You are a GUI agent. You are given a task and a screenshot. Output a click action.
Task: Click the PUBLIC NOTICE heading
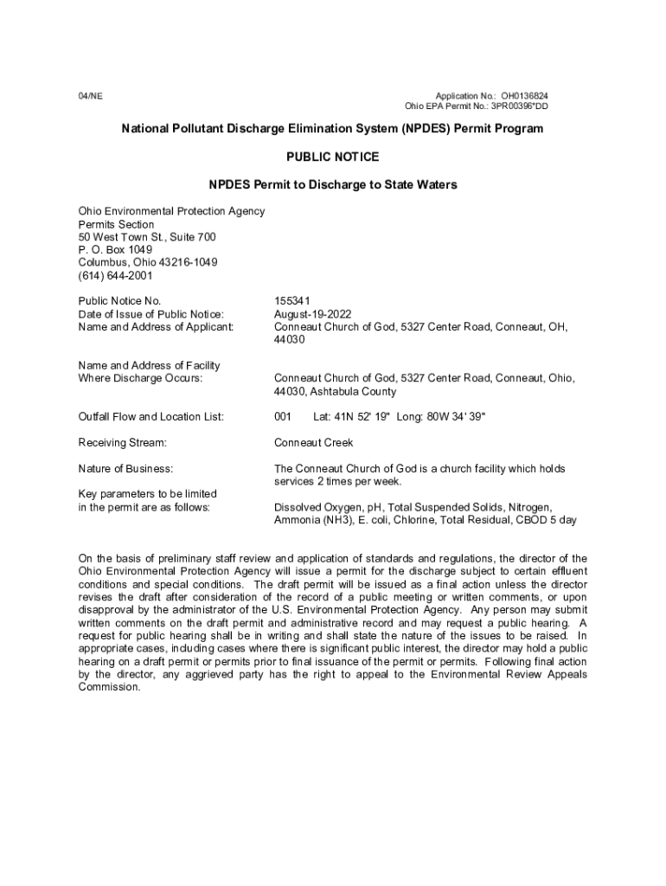[x=332, y=157]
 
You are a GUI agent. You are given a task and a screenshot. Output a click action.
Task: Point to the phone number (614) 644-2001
[x=115, y=276]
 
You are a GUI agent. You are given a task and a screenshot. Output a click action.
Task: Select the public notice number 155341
[x=291, y=301]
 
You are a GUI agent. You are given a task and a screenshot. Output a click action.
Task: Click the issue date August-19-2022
[x=313, y=314]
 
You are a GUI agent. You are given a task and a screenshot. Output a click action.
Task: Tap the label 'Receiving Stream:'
[x=122, y=443]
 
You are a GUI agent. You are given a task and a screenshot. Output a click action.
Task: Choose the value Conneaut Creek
[x=314, y=443]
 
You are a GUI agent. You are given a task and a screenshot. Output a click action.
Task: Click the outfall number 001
[x=283, y=417]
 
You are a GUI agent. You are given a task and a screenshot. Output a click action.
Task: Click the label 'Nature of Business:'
[x=125, y=469]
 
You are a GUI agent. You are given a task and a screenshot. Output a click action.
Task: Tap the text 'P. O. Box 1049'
[x=115, y=250]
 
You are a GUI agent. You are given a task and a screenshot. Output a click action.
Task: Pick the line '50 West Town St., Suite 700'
[x=147, y=237]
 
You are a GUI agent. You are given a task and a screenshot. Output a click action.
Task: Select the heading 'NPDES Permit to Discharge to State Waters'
[x=332, y=185]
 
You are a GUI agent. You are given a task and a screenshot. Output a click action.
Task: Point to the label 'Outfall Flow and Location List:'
[x=151, y=417]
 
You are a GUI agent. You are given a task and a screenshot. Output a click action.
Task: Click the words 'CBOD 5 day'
[x=547, y=520]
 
